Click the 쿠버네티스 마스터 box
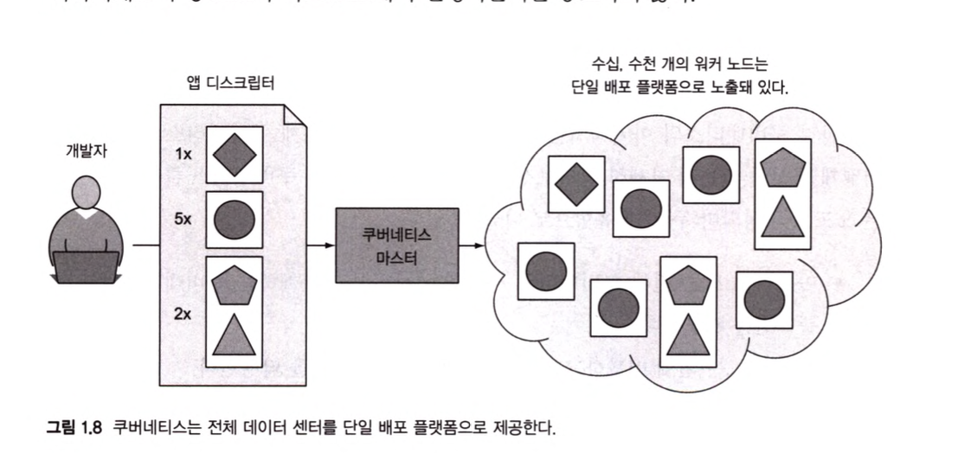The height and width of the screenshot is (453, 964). click(x=397, y=246)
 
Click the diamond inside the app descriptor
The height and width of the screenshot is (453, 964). click(x=234, y=154)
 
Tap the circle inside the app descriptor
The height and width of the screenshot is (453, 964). click(x=234, y=220)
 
